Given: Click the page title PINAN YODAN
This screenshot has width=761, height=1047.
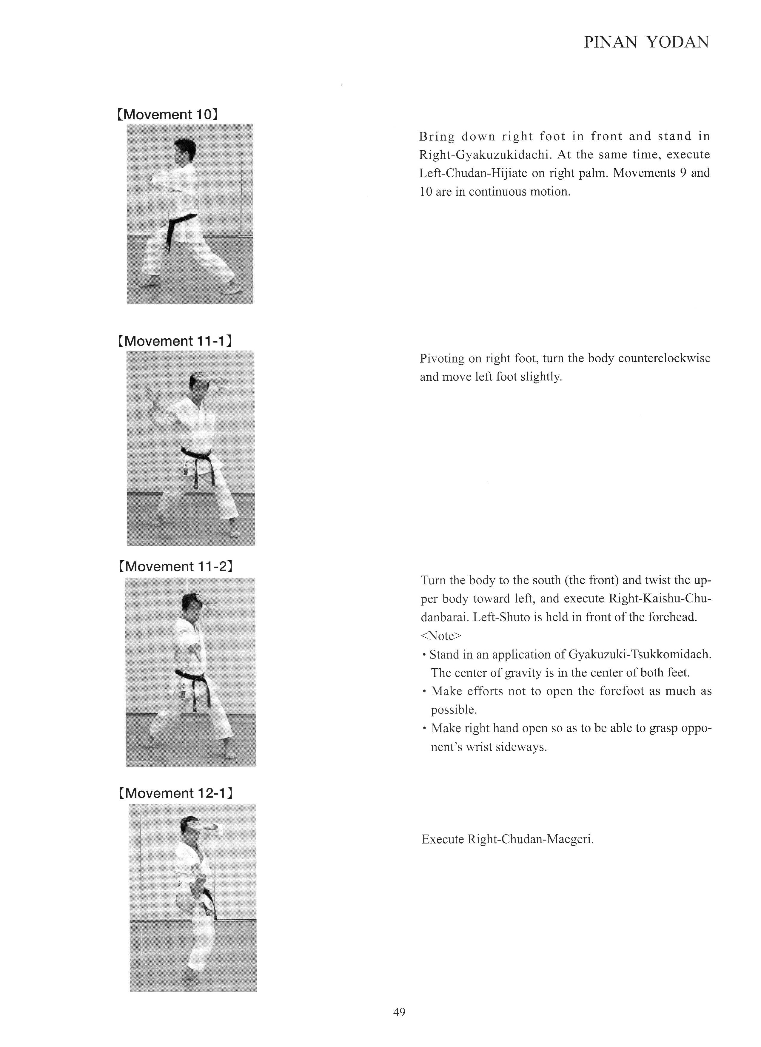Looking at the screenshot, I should [646, 42].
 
